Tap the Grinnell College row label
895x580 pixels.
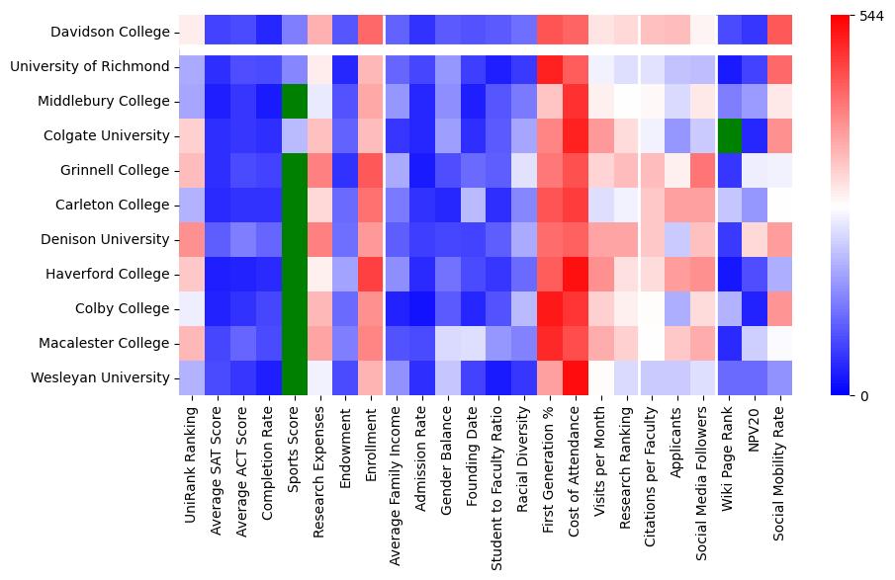[x=116, y=171]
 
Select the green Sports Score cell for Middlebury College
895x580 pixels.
[x=294, y=102]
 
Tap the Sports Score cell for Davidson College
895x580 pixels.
[x=294, y=33]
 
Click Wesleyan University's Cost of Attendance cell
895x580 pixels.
[x=577, y=377]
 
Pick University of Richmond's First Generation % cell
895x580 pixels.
[x=551, y=67]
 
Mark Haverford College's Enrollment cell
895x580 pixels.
[x=371, y=275]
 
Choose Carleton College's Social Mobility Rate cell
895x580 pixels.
[x=780, y=206]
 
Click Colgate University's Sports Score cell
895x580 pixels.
[x=294, y=135]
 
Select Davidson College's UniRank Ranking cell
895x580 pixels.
[x=191, y=33]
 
